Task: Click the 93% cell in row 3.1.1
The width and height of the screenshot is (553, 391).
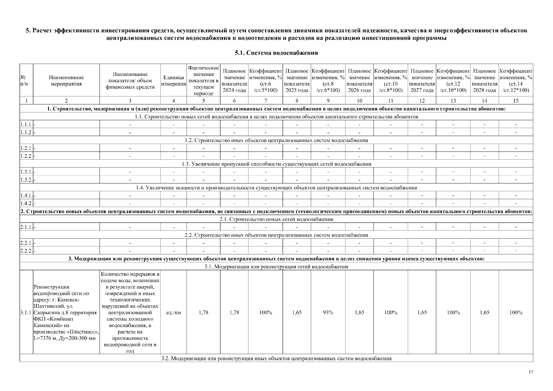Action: (x=328, y=312)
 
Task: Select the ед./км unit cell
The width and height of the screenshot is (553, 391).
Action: (x=173, y=312)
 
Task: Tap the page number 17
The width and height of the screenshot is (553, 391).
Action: (x=531, y=372)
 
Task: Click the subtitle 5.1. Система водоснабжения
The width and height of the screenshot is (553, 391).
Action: (x=276, y=53)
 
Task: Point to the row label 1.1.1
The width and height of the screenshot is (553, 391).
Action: (x=26, y=124)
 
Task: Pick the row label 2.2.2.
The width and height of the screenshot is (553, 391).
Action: (x=26, y=251)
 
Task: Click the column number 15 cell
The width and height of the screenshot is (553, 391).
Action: (x=516, y=101)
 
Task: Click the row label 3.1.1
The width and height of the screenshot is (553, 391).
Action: (x=26, y=312)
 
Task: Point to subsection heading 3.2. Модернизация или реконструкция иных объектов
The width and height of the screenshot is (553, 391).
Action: (x=276, y=358)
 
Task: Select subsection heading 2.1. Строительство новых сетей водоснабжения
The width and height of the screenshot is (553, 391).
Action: (x=276, y=219)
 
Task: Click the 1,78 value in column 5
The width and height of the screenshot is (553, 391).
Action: (x=203, y=312)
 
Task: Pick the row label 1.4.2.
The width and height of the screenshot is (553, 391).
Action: (x=26, y=204)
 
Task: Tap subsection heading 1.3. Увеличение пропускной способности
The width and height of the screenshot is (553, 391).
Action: (x=276, y=164)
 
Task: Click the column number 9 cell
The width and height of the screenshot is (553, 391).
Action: (x=328, y=101)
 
